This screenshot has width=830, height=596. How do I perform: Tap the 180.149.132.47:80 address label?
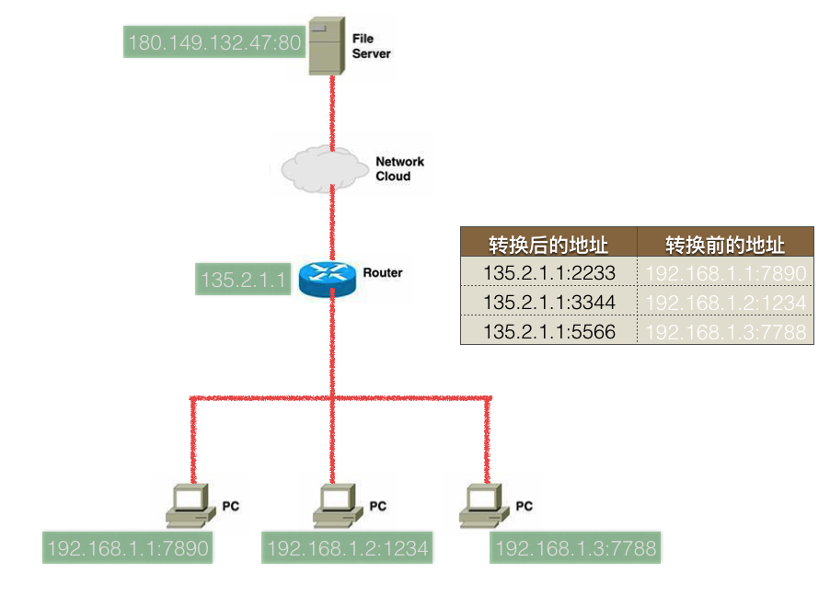(x=214, y=42)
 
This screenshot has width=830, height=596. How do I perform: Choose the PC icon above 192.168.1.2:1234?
(x=338, y=504)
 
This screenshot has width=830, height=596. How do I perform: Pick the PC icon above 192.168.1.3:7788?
(x=484, y=504)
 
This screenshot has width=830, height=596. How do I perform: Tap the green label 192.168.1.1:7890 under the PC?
(x=128, y=549)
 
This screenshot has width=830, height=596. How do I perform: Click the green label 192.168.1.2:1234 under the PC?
(x=347, y=549)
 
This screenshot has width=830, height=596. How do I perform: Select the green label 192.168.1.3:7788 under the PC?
(x=575, y=549)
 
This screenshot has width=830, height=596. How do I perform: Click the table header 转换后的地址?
(x=548, y=245)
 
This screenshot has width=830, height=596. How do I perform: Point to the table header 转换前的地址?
(x=725, y=245)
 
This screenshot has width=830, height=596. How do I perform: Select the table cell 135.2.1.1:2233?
(x=548, y=273)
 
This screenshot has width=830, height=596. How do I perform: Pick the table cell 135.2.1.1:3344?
(x=548, y=302)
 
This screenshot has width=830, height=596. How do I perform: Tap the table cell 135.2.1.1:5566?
(x=548, y=331)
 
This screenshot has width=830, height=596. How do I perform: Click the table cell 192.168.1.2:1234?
(x=725, y=302)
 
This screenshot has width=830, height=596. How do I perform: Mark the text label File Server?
(x=371, y=46)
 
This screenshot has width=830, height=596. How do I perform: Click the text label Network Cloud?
(x=399, y=168)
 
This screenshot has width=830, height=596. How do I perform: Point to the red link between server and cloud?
(x=332, y=115)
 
